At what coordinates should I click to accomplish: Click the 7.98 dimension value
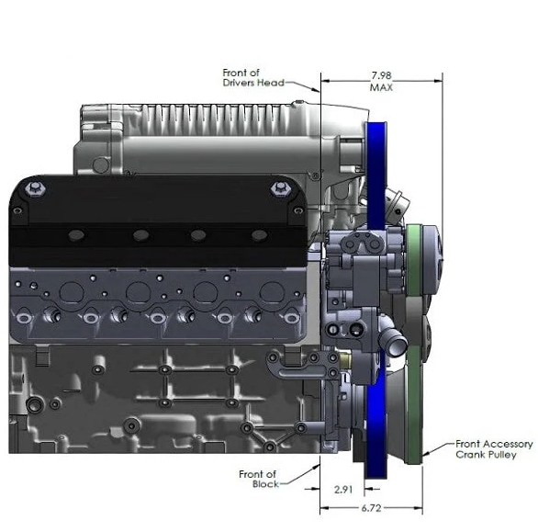pos(381,75)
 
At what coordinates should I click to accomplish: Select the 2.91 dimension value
pos(343,489)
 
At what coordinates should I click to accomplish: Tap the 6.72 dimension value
pos(371,508)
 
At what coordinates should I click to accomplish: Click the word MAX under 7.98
pos(381,87)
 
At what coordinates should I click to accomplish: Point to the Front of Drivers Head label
pos(253,77)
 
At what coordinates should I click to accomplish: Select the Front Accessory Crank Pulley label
pos(494,449)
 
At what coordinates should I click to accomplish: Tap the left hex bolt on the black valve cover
pos(35,188)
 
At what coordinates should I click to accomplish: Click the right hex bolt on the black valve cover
pos(280,188)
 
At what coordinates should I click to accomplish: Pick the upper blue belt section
pos(376,175)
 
